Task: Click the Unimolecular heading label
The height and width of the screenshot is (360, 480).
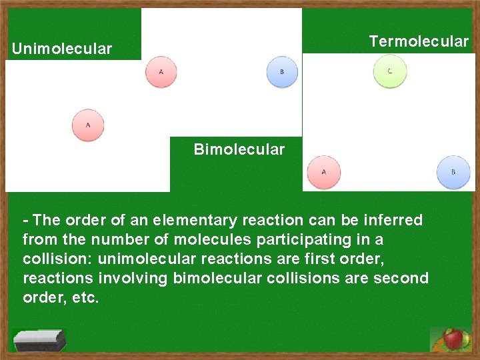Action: tap(62, 49)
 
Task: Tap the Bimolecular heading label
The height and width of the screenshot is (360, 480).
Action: tap(239, 149)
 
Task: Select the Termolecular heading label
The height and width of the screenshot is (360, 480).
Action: tap(419, 41)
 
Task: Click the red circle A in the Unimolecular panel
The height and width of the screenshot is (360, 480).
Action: tap(88, 125)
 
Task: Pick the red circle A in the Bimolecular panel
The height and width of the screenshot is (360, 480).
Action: tap(161, 71)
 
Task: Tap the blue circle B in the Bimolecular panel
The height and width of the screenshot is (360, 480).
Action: tap(281, 71)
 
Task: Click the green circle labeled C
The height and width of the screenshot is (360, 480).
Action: tap(389, 71)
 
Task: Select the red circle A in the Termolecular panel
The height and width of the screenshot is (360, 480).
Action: tap(323, 172)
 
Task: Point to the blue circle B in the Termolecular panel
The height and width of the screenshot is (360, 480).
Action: tap(453, 172)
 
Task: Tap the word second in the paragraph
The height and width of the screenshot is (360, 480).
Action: tap(399, 278)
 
